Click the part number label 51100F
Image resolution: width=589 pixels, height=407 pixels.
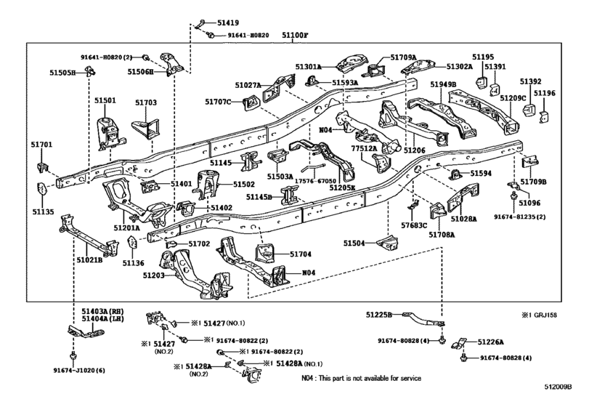click(295, 36)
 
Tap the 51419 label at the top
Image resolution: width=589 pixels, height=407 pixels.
click(228, 23)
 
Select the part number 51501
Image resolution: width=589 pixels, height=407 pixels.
click(105, 100)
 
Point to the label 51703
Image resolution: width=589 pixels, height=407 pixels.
click(146, 102)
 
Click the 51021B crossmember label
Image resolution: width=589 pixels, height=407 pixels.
click(89, 259)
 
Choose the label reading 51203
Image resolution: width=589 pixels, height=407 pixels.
click(153, 275)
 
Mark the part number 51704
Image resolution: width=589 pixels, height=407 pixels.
click(301, 254)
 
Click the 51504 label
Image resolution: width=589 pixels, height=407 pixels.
click(354, 243)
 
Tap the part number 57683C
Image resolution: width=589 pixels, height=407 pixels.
click(414, 225)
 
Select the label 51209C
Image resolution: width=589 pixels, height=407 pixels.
click(513, 98)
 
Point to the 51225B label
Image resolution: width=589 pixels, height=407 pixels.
click(378, 315)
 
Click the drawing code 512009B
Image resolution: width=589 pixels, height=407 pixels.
click(558, 387)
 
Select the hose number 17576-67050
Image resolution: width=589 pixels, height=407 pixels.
click(315, 181)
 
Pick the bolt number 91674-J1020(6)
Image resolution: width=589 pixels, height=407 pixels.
click(79, 371)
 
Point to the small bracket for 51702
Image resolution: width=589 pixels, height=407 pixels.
click(171, 245)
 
